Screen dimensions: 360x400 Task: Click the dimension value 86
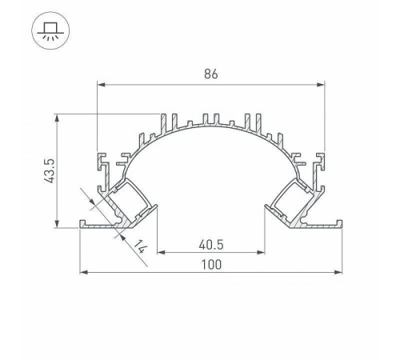210,74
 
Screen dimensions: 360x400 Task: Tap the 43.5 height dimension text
47,170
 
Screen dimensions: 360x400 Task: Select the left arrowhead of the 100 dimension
84,273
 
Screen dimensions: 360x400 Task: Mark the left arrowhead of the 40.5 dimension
159,253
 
